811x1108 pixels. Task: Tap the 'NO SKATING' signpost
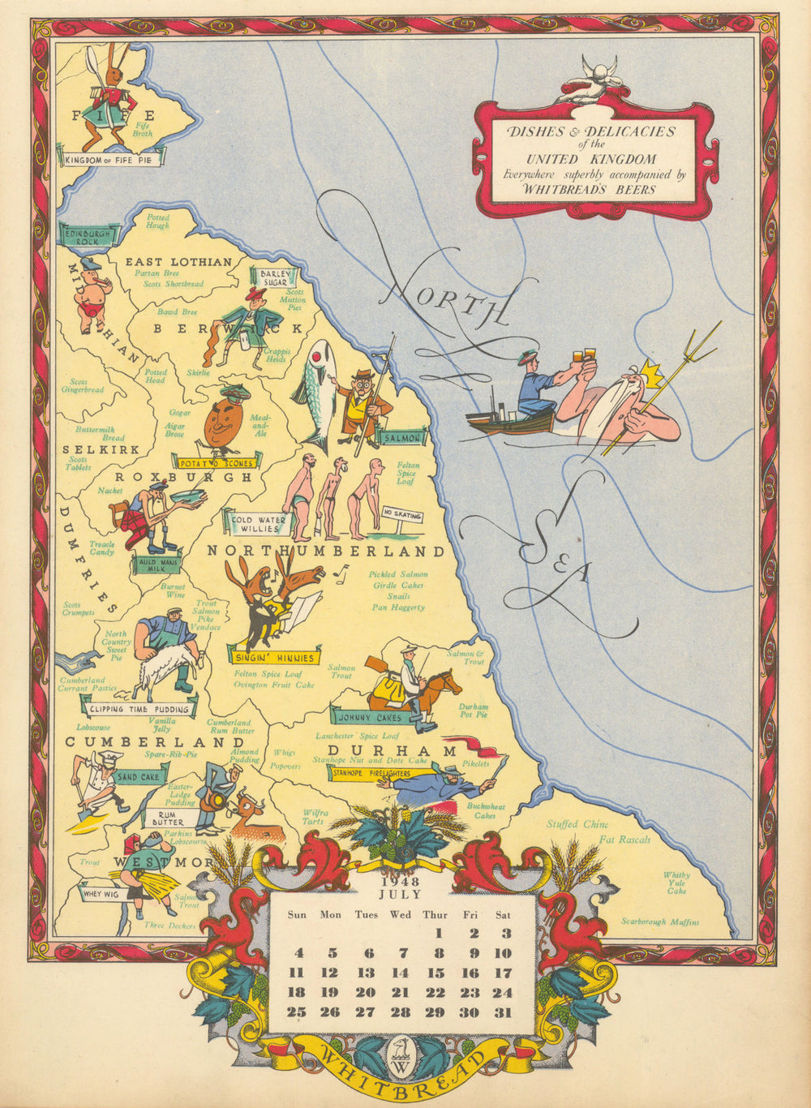coord(402,514)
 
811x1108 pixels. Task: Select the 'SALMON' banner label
coord(401,438)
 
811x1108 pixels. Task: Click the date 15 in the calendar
coord(436,973)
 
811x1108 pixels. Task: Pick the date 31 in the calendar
coord(504,1011)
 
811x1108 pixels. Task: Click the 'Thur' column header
coord(435,915)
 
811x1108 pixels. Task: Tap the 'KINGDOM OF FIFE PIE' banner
coord(113,160)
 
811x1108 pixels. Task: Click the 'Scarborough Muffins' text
coord(660,921)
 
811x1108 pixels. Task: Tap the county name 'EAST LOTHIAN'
coord(178,262)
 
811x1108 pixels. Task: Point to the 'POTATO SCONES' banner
coord(217,462)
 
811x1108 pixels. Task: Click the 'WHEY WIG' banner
coord(101,894)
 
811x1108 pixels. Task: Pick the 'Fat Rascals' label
coord(624,840)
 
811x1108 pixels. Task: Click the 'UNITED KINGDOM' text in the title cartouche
coord(581,159)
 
